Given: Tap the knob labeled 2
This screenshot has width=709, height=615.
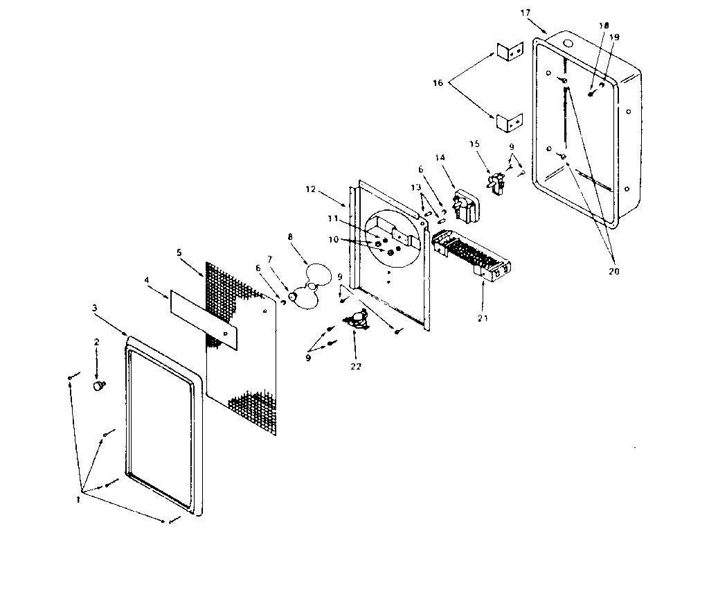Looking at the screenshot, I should coord(100,385).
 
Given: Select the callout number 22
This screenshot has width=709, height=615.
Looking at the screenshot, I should coord(356,366).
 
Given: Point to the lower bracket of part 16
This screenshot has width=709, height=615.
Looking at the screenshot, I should coord(508,122).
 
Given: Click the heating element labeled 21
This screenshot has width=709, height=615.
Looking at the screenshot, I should coord(471,257).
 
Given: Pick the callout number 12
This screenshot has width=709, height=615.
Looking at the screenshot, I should coord(309,188).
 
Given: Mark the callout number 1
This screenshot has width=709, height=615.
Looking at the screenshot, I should coord(79,498).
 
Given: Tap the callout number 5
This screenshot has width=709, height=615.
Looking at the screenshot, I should coord(179,252).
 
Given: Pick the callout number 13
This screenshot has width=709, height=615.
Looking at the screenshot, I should coord(415,187).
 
